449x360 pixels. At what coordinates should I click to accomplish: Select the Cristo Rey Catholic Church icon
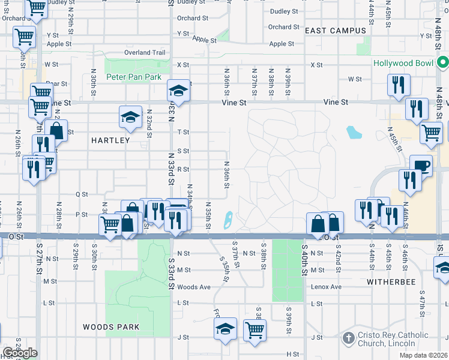pyautogui.click(x=348, y=338)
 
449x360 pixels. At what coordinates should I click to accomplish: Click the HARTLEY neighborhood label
pyautogui.click(x=110, y=140)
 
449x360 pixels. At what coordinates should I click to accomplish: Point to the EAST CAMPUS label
pyautogui.click(x=335, y=31)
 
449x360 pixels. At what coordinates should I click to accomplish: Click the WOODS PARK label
pyautogui.click(x=111, y=327)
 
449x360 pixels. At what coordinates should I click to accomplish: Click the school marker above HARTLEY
pyautogui.click(x=130, y=118)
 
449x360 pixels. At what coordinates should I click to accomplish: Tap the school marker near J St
pyautogui.click(x=226, y=329)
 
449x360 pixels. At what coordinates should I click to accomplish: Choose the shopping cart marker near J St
pyautogui.click(x=255, y=329)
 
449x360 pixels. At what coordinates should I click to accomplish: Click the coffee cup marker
pyautogui.click(x=421, y=166)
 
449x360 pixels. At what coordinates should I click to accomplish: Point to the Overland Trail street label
pyautogui.click(x=145, y=53)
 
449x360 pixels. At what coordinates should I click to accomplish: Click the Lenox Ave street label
pyautogui.click(x=326, y=287)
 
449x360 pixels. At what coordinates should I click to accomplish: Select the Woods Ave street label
pyautogui.click(x=194, y=287)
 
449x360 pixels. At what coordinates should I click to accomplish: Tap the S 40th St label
pyautogui.click(x=304, y=260)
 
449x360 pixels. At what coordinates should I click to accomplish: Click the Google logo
pyautogui.click(x=20, y=353)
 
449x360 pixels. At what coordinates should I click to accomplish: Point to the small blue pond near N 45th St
pyautogui.click(x=354, y=131)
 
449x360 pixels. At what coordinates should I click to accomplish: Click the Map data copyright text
pyautogui.click(x=424, y=354)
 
